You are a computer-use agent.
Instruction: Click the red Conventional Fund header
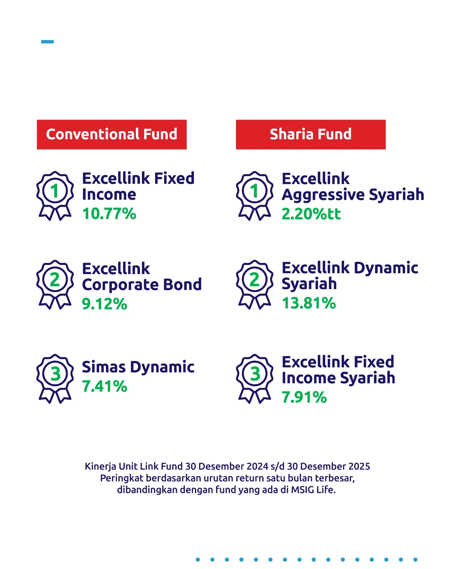click(112, 134)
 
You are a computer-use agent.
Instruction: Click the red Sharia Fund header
click(311, 134)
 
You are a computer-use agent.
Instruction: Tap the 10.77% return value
click(109, 213)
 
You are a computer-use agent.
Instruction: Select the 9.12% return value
click(105, 304)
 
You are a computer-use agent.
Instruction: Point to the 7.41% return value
click(105, 386)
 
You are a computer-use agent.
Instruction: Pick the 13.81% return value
click(309, 303)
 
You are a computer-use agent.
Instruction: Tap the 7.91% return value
click(304, 397)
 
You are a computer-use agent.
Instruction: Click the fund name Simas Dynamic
click(138, 367)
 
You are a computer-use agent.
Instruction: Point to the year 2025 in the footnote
click(359, 466)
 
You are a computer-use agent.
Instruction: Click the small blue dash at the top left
click(47, 42)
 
